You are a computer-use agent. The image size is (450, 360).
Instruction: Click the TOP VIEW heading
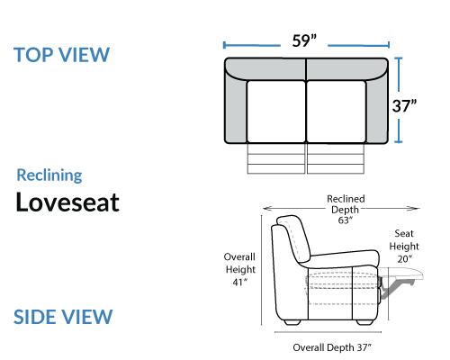[x=61, y=55]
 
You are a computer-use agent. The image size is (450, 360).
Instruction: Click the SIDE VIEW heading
[x=63, y=317]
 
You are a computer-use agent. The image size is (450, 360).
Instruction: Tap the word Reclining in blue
[x=49, y=175]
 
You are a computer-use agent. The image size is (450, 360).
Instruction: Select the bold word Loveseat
[x=67, y=202]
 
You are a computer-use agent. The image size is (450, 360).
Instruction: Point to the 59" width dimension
[x=304, y=40]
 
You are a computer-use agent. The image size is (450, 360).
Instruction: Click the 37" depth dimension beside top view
[x=404, y=106]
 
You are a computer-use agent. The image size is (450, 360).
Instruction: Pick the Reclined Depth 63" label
[x=346, y=210]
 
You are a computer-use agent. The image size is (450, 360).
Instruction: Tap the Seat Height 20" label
[x=404, y=246]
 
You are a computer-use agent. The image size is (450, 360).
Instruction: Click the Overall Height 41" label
[x=240, y=269]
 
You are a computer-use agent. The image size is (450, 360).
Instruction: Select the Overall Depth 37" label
[x=332, y=347]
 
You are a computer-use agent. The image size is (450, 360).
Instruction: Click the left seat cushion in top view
[x=276, y=112]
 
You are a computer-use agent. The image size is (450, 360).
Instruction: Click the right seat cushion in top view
[x=337, y=112]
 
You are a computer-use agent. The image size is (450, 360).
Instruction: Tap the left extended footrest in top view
[x=276, y=158]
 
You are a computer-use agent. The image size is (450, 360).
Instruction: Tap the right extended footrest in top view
[x=336, y=158]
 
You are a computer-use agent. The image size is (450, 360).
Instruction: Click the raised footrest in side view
[x=403, y=274]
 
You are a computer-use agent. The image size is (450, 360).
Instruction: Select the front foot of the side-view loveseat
[x=365, y=322]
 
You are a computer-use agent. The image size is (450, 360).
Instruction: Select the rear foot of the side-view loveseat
[x=292, y=322]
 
